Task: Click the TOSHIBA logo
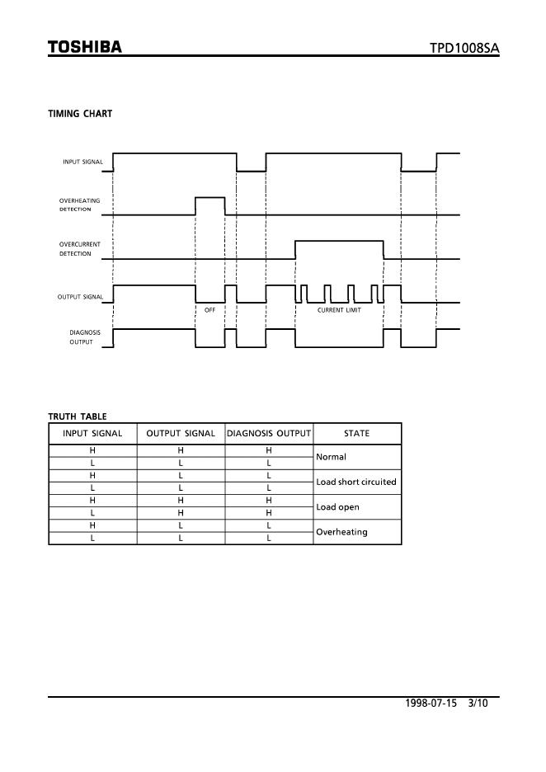pos(85,47)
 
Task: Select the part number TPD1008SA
pos(464,49)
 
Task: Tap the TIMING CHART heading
pos(80,114)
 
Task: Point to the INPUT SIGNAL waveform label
pos(82,162)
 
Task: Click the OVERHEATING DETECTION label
pos(79,205)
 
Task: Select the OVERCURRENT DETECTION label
pos(79,249)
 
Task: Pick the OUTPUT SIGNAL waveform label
pos(80,297)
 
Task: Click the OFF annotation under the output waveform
pos(209,310)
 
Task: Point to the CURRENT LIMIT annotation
pos(339,310)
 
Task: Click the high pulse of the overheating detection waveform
pos(209,199)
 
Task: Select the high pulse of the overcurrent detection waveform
pos(339,242)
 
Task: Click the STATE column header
pos(356,433)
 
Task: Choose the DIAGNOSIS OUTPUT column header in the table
pos(269,433)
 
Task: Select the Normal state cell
pos(332,456)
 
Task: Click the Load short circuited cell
pos(356,482)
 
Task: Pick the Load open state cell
pos(338,507)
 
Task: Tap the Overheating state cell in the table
pos(341,532)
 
